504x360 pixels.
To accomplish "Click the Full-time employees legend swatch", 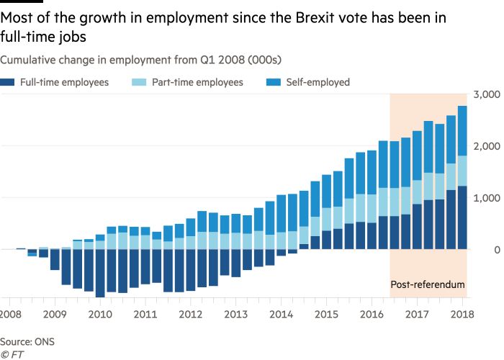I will (6, 83).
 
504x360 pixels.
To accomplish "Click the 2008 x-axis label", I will (10, 315).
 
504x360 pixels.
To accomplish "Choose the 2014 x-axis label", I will (280, 315).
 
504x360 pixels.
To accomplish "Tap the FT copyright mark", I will (9, 354).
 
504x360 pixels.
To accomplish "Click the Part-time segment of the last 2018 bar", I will (462, 171).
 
